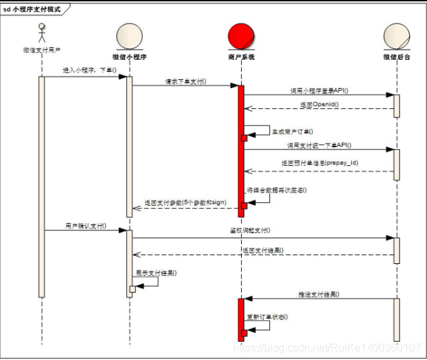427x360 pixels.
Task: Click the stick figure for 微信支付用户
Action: pos(41,33)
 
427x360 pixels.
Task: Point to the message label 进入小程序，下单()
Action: pos(89,70)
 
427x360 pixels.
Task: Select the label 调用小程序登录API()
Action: pos(318,90)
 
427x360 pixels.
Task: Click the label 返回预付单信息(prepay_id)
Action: pos(321,163)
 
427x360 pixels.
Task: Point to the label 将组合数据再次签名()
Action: pos(277,190)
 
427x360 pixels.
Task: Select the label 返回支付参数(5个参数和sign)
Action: pos(185,202)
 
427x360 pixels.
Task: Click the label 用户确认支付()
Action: pos(85,226)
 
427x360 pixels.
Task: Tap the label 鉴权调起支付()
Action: pos(250,230)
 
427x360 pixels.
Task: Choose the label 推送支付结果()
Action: pos(319,294)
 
